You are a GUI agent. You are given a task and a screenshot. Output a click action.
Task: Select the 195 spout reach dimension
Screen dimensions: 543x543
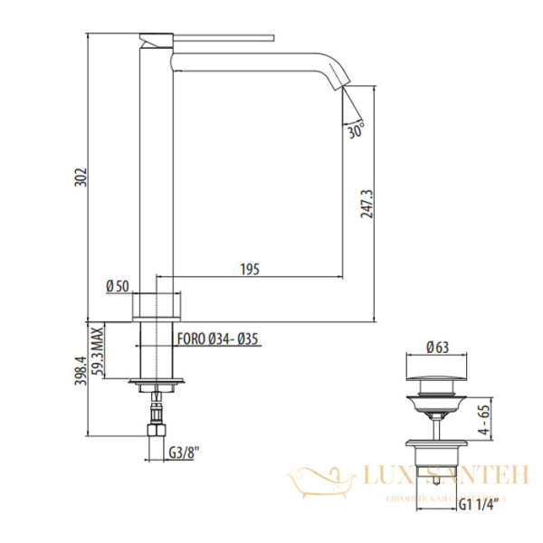coord(250,268)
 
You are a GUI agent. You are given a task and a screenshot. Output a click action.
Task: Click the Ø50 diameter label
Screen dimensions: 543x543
coord(118,286)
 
